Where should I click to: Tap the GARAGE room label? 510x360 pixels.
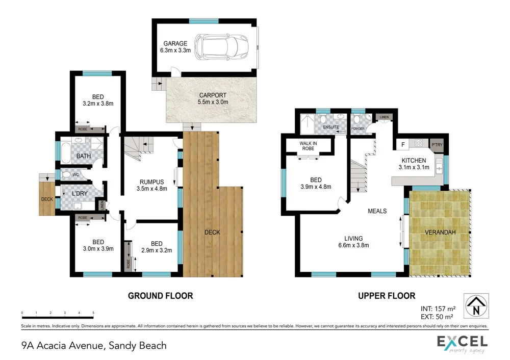coord(175,43)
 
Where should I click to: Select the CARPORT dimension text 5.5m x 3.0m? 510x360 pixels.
coord(213,102)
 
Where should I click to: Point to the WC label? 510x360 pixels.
coord(76,174)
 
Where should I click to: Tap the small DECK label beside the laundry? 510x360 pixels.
coord(47,199)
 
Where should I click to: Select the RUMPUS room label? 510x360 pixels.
coord(152,182)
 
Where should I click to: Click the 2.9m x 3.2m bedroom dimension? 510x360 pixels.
coord(157,250)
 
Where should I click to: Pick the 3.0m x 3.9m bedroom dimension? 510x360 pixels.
coord(98,249)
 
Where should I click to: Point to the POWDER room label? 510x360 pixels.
coord(358,128)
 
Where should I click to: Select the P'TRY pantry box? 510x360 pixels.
coord(437,144)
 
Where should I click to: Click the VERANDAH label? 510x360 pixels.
coord(440,233)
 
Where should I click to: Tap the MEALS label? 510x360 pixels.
coord(377,211)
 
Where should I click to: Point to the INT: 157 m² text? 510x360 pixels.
coord(437,308)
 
